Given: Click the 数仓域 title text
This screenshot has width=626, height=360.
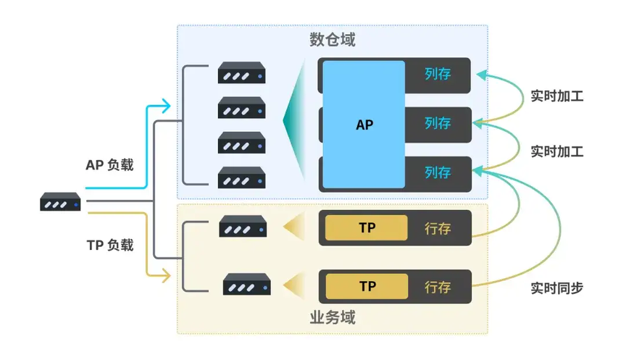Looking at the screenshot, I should click(333, 40).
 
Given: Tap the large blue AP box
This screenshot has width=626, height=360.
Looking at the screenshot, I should click(364, 124).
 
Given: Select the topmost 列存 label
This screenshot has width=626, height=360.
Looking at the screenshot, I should click(438, 74).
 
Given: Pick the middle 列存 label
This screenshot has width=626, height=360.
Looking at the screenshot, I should click(438, 123).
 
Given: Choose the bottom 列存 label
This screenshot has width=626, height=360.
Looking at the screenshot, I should click(438, 172).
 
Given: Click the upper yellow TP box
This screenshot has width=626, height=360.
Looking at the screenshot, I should click(367, 227).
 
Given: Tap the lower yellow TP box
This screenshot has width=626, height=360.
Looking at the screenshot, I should click(367, 286).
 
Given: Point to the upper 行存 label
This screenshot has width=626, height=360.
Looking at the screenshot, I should click(438, 228).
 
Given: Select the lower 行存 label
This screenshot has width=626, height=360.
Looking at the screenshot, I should click(438, 287).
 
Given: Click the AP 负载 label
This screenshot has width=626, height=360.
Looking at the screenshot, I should click(109, 164).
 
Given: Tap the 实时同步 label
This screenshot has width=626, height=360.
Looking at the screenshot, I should click(556, 288).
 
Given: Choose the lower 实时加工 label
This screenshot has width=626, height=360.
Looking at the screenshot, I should click(556, 151).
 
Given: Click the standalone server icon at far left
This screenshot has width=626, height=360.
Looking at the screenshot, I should click(60, 202).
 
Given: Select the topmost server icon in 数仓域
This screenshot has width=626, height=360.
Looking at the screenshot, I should click(241, 75).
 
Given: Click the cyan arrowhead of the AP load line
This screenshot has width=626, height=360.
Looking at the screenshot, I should click(167, 107).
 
